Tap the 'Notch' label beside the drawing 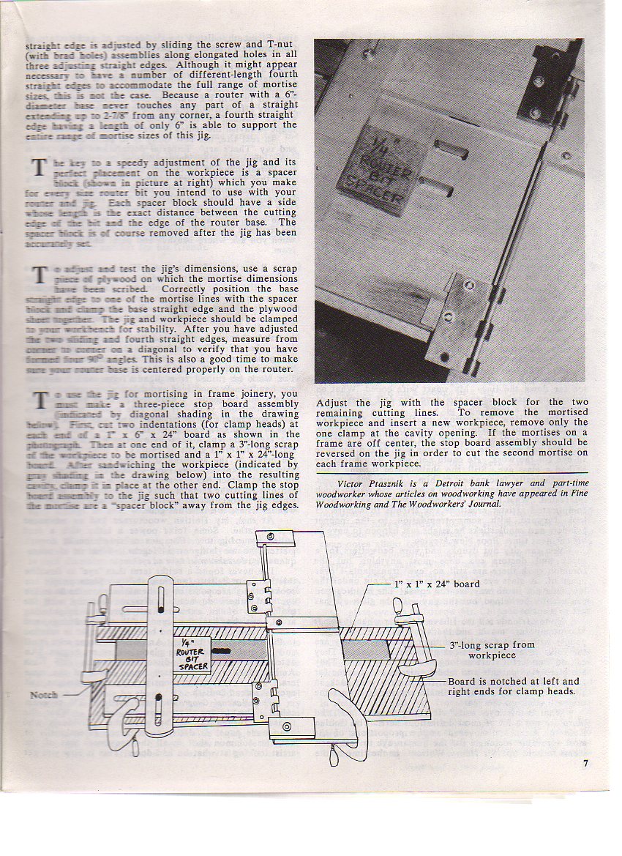[44, 695]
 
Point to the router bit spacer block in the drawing [192, 655]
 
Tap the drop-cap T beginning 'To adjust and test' [38, 277]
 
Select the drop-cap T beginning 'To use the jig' [38, 401]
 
